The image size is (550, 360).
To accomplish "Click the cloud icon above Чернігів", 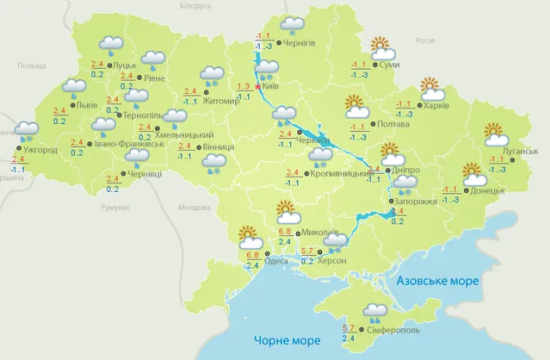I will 294,25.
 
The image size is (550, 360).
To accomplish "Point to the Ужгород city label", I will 41,151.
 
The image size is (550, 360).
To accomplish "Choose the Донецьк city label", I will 489,191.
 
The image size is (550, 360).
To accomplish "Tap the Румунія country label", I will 114,208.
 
